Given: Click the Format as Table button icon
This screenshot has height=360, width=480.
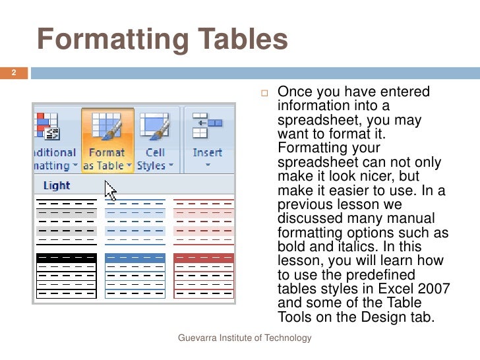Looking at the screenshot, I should point(106,128).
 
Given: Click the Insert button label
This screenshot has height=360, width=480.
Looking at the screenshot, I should point(207,152).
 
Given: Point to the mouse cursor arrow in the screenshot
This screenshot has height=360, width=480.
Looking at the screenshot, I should point(110,192).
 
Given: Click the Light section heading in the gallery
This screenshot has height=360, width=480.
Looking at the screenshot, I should point(56,185).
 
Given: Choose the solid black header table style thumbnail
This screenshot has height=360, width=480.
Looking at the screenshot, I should point(67,275).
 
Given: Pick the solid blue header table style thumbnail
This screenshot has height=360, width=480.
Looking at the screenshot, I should point(135,275).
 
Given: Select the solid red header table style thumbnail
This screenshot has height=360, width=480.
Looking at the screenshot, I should point(203,275).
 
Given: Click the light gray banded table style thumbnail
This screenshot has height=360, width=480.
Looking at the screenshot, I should point(67,220).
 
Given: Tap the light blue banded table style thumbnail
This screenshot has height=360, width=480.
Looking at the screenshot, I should point(135,220).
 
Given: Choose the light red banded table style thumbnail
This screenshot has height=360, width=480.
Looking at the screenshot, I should point(203,220).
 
